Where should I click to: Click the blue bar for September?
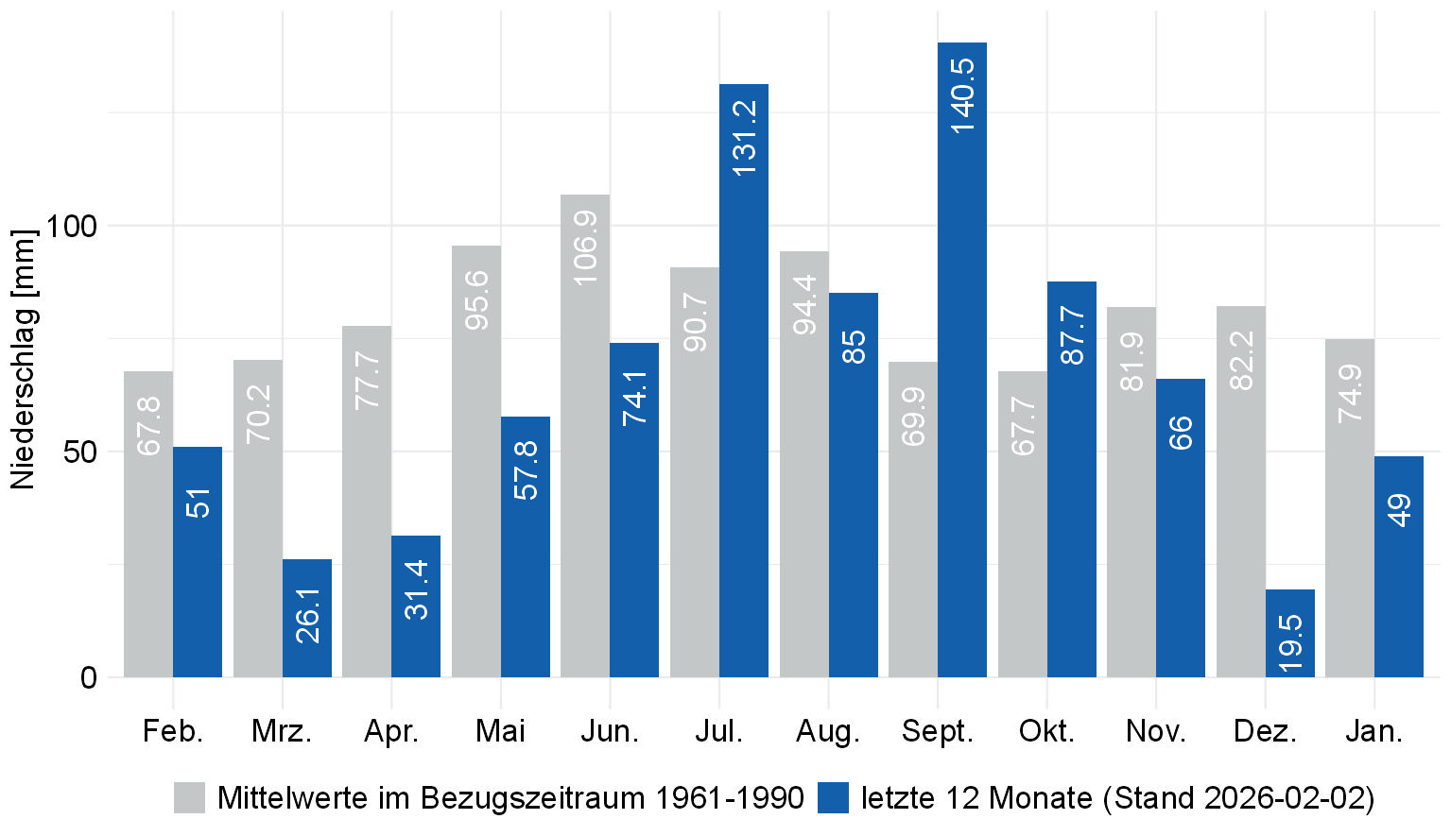click(x=961, y=378)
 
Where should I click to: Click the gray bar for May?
click(x=476, y=472)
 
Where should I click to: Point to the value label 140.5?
click(x=962, y=94)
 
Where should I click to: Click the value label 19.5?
click(x=1290, y=642)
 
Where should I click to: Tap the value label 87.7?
click(x=1072, y=334)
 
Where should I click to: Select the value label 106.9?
click(x=585, y=247)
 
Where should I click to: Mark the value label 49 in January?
click(x=1399, y=509)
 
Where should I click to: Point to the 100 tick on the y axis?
click(x=73, y=226)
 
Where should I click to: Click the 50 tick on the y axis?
click(x=80, y=452)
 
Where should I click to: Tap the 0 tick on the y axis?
click(x=89, y=677)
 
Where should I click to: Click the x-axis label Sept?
click(x=937, y=731)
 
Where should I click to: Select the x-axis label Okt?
click(x=1046, y=731)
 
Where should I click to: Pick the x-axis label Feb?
click(x=173, y=731)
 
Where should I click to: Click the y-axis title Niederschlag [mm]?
click(x=23, y=359)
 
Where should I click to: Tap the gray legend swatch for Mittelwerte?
click(x=189, y=797)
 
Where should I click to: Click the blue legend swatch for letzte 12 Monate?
click(x=833, y=797)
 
